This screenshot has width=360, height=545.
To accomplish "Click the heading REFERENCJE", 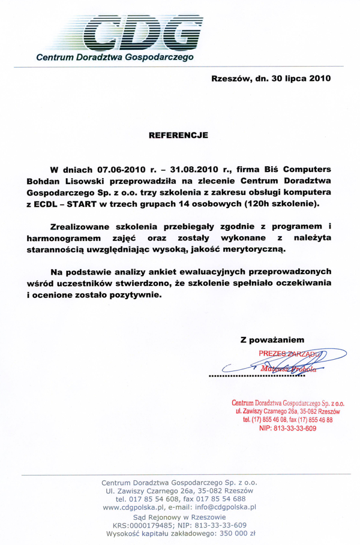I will [x=178, y=136].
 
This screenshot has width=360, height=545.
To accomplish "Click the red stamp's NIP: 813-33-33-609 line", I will [x=287, y=429].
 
